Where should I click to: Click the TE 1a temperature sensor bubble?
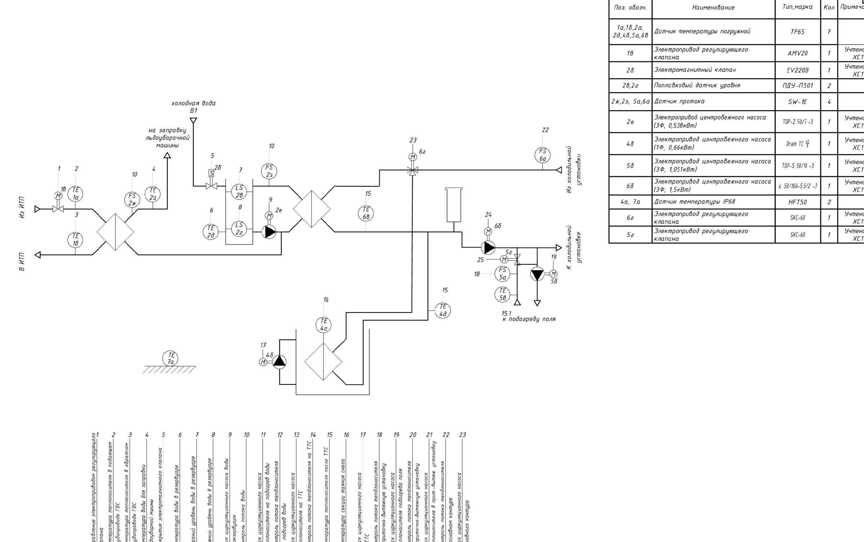pos(75,194)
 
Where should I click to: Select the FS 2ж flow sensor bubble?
pos(132,199)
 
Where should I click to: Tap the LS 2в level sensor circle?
pos(239,191)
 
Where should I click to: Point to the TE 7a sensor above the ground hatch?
pos(171,358)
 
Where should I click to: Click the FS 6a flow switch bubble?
pos(542,155)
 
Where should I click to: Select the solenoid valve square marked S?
pos(212,173)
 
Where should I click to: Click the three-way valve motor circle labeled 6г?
pos(413,157)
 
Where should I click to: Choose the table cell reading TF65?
pos(797,32)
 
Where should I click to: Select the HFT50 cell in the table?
pos(797,202)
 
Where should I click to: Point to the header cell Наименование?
pos(713,7)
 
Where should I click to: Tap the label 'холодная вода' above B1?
pos(194,103)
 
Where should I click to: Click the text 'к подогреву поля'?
pos(529,319)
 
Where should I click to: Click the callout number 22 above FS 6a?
pos(545,130)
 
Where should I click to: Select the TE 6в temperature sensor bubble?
pos(366,213)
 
